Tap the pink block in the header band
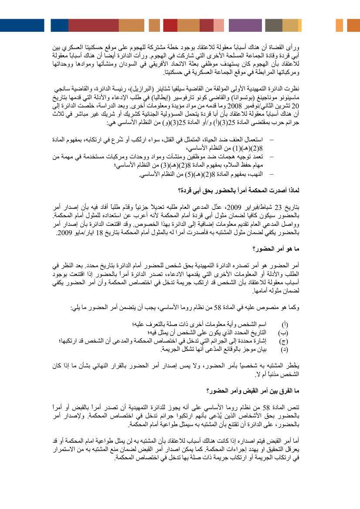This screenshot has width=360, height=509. pos(218,25)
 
